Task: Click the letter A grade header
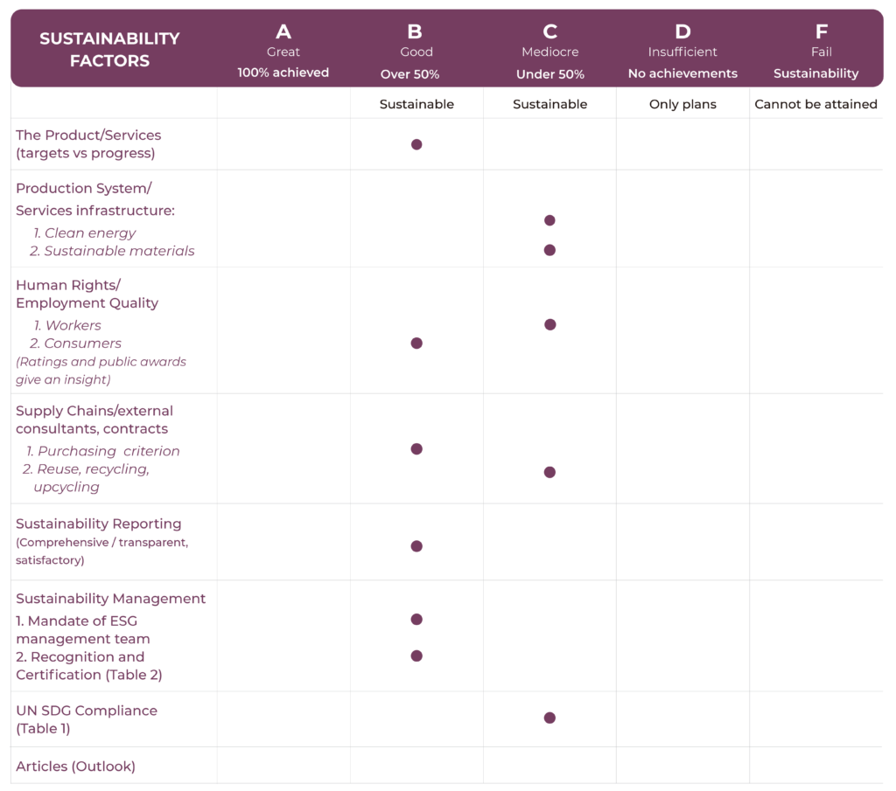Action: click(283, 32)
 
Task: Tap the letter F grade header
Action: click(821, 32)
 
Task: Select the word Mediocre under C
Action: click(549, 52)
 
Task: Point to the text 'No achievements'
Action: click(682, 73)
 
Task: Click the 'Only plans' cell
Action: click(682, 104)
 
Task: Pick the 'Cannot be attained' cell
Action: click(815, 104)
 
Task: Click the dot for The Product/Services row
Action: click(416, 144)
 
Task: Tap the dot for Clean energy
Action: click(549, 220)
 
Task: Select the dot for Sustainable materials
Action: click(549, 250)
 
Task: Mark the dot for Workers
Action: click(549, 324)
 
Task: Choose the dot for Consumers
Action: click(416, 343)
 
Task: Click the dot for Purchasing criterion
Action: click(416, 449)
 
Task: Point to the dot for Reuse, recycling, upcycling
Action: click(549, 472)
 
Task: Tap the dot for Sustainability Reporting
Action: click(416, 546)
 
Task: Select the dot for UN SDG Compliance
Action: click(549, 718)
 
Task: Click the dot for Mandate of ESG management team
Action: click(416, 620)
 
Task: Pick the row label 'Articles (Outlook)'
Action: click(75, 767)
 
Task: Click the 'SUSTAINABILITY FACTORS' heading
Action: click(109, 50)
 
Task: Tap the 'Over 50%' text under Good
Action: click(410, 74)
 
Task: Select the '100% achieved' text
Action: click(283, 73)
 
